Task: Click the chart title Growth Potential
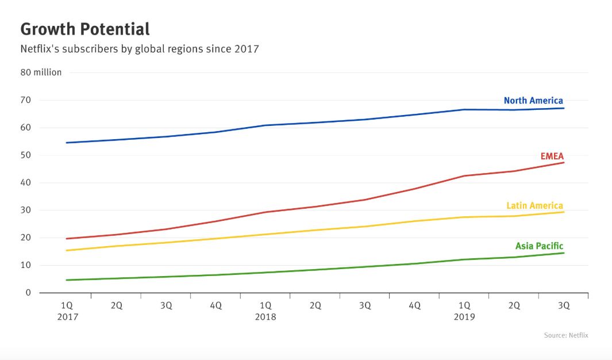(x=85, y=29)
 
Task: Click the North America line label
(x=533, y=101)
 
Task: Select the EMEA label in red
(x=552, y=156)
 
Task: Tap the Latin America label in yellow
(x=534, y=205)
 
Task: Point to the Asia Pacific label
(x=539, y=246)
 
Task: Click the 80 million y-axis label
(x=41, y=72)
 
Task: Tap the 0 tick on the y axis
(x=28, y=293)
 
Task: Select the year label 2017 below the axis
(x=67, y=317)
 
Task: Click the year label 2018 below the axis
(x=265, y=317)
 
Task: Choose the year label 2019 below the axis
(x=464, y=317)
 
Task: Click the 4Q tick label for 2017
(x=215, y=306)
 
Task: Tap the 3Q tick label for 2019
(x=564, y=306)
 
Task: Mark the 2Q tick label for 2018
(x=315, y=306)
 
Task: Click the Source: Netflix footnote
(x=565, y=335)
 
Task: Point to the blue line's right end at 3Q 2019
(x=564, y=108)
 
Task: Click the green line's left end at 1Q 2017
(x=67, y=280)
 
